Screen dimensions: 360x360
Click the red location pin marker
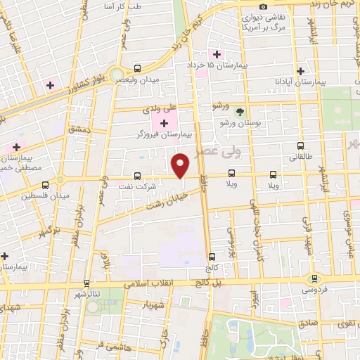tap(181, 165)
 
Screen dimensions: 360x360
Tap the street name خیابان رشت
tap(163, 204)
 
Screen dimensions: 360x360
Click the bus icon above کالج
tap(212, 257)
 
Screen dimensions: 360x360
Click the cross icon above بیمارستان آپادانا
tap(301, 71)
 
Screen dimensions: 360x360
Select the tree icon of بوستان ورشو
tap(240, 112)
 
